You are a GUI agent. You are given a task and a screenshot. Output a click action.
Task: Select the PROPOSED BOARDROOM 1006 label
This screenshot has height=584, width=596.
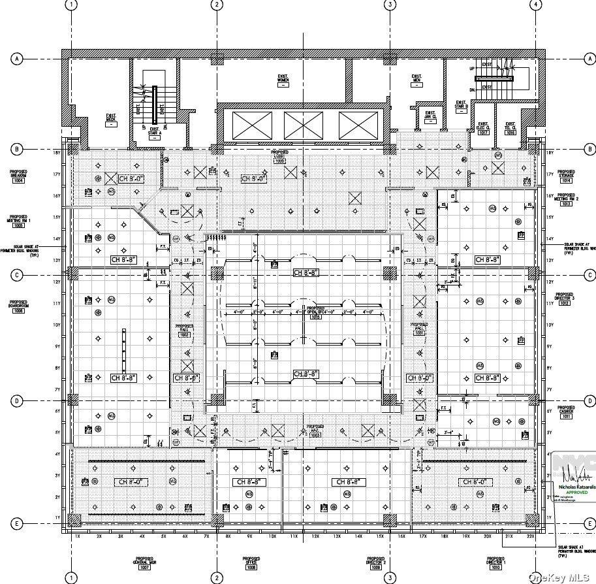18,306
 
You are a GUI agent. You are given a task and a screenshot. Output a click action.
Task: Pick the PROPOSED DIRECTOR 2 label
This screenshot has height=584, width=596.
375,564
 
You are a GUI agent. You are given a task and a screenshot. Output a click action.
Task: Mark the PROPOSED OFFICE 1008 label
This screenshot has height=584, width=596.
251,564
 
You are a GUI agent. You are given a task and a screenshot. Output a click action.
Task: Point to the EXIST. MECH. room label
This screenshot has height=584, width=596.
111,120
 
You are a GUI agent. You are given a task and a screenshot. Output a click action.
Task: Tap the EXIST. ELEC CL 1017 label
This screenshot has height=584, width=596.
483,128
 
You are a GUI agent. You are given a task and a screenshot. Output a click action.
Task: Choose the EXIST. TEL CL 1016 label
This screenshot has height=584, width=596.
510,128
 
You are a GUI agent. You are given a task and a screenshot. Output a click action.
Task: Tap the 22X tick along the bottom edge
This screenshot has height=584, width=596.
530,536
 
